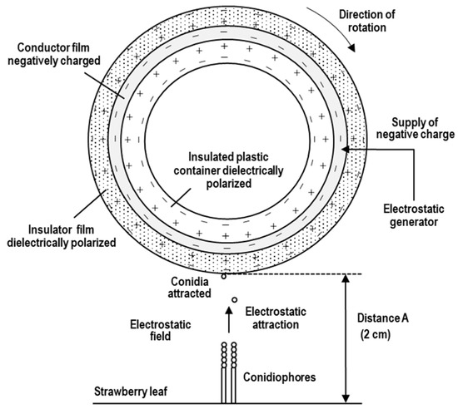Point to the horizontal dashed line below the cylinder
(300, 275)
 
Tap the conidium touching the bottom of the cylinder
(225, 276)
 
